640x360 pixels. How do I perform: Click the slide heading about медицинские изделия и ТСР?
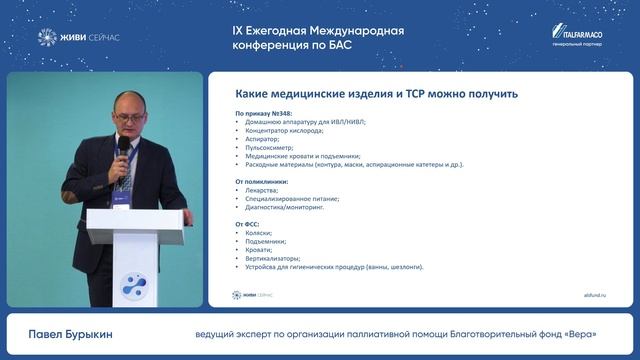(376, 94)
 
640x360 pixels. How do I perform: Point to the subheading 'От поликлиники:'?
(261, 181)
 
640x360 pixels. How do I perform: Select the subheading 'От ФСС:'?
(248, 223)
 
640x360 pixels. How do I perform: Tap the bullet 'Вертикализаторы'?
(273, 258)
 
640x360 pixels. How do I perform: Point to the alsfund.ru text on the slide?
(594, 295)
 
